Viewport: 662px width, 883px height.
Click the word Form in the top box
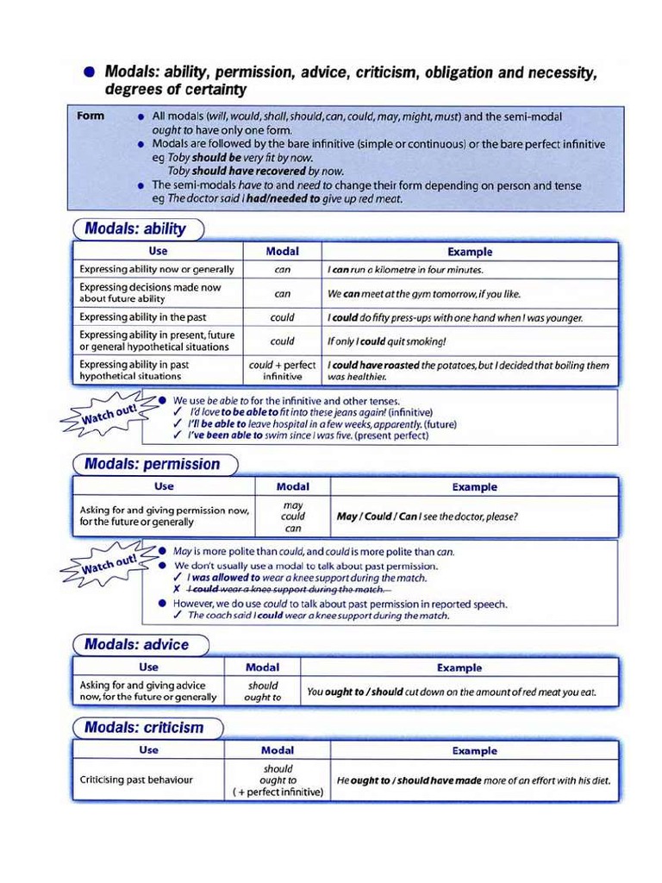click(x=91, y=116)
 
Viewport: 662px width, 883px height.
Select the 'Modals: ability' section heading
click(x=135, y=229)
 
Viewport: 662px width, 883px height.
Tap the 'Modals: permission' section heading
click(x=152, y=464)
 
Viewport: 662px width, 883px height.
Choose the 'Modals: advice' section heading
click(x=136, y=644)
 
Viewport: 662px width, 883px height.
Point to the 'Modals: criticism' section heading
click(x=144, y=727)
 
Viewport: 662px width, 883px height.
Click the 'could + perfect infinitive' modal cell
click(x=283, y=371)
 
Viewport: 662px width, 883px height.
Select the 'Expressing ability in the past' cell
click(x=143, y=317)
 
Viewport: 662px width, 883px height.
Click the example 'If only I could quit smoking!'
click(x=386, y=341)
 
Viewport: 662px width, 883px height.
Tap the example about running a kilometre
click(x=405, y=270)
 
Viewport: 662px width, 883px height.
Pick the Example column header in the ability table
click(x=470, y=252)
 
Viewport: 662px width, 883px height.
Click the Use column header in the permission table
click(x=163, y=486)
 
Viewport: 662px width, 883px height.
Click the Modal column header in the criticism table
click(x=278, y=750)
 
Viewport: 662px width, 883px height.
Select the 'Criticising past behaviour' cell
click(x=136, y=780)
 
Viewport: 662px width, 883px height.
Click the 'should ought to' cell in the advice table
click(x=263, y=692)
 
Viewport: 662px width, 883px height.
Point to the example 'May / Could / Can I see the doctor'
click(x=427, y=517)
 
